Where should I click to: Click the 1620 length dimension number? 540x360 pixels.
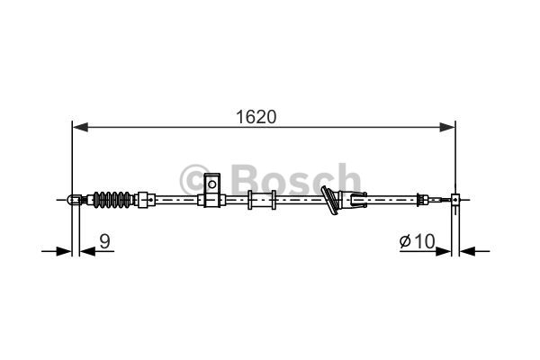tap(256, 117)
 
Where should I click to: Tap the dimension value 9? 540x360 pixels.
tap(104, 241)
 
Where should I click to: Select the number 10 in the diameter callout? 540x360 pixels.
tap(425, 241)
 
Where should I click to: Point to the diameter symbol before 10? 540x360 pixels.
tap(405, 241)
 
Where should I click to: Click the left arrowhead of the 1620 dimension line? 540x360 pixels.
tap(81, 127)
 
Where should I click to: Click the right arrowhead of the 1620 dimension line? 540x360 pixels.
tap(447, 127)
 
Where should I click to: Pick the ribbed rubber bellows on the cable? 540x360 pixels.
tap(112, 200)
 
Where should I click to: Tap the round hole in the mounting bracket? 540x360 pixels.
tap(212, 184)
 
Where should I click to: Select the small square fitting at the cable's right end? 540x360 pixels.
tap(455, 200)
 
